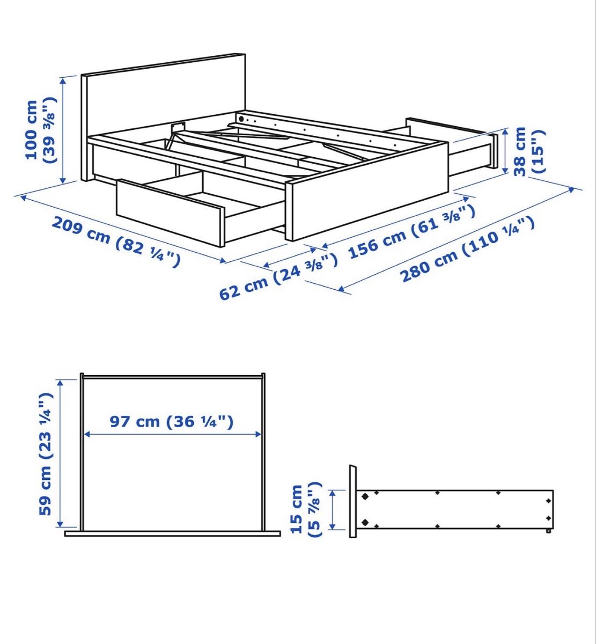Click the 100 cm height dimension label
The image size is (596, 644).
41,130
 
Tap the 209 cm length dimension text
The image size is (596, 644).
115,242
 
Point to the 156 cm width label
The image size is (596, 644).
411,231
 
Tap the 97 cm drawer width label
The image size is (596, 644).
172,422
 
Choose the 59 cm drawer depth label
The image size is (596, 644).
46,453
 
